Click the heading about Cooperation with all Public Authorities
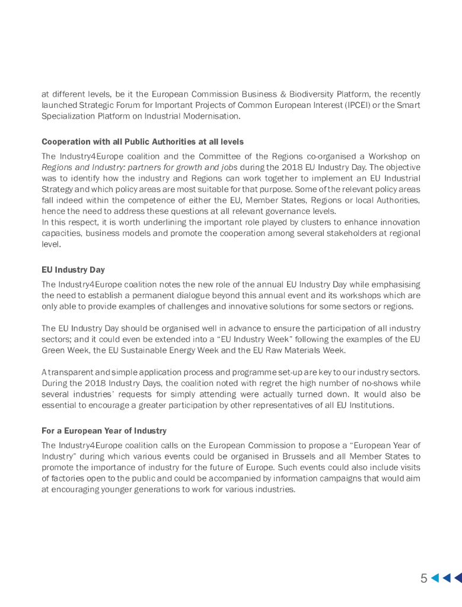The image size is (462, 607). (x=142, y=142)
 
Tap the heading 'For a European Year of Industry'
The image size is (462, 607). (x=104, y=430)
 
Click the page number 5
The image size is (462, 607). (x=424, y=579)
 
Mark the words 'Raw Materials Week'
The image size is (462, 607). (x=305, y=350)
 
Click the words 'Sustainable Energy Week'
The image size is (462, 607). (x=164, y=350)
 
